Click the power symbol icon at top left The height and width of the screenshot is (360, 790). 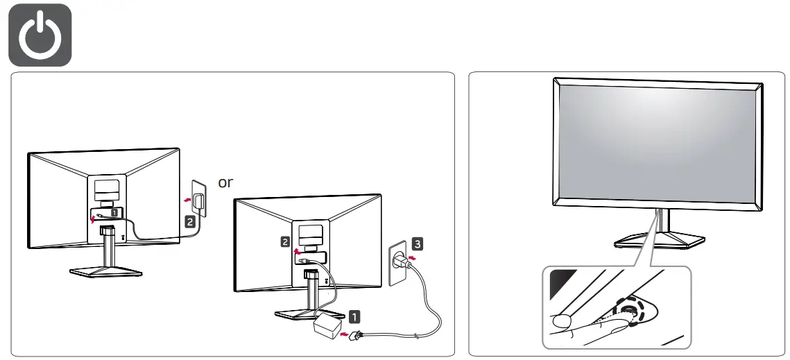(x=40, y=35)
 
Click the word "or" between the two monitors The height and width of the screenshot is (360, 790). (x=225, y=182)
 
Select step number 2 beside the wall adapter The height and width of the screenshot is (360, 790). (x=189, y=223)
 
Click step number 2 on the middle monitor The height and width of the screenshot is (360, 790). (x=285, y=241)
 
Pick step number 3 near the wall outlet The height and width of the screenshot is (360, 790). (x=415, y=243)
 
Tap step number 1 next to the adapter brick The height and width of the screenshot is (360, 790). (x=354, y=316)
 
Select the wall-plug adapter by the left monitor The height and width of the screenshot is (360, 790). (x=200, y=202)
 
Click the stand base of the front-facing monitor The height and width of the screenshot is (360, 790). (x=659, y=239)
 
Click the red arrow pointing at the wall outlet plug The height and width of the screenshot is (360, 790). (x=413, y=259)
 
